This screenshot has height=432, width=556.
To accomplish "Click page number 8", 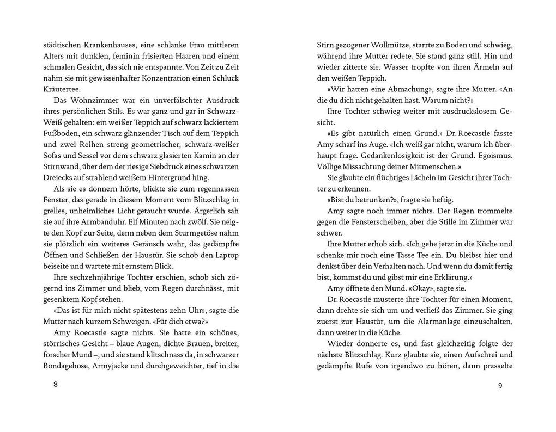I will coord(55,384).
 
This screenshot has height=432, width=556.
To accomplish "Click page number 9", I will coord(500,386).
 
